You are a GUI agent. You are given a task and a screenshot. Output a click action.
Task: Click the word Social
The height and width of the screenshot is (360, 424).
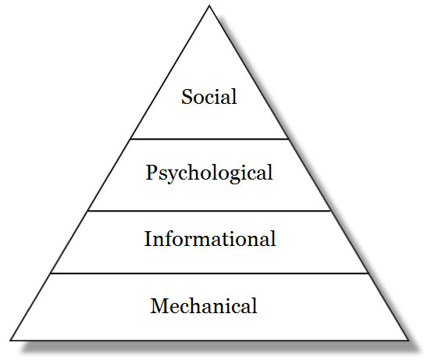pos(209,97)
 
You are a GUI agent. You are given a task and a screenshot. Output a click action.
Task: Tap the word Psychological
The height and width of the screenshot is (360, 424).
pos(209,173)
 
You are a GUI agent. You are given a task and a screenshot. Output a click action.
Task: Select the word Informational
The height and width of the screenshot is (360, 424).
pos(210,238)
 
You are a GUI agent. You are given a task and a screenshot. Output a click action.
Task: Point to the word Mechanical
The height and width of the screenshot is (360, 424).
pos(204,305)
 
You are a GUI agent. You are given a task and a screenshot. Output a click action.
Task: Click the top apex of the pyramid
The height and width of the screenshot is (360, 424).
pos(209,6)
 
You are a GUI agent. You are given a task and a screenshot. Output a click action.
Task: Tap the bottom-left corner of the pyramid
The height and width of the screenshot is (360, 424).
pos(11,340)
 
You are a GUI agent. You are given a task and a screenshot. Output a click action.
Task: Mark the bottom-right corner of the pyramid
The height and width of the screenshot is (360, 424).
pos(408,340)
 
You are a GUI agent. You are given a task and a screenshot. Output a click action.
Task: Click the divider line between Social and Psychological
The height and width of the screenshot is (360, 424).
pos(209,139)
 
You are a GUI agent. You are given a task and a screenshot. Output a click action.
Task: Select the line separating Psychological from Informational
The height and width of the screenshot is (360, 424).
pos(209,210)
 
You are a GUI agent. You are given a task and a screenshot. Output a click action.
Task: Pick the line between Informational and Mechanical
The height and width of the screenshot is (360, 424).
pos(209,273)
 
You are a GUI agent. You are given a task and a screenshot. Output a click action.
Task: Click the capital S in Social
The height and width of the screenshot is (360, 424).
pos(187,97)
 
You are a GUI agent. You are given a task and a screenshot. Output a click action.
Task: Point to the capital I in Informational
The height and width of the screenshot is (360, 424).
pos(148,238)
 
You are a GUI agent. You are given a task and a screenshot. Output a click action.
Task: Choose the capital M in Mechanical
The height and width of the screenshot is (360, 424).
pos(159,305)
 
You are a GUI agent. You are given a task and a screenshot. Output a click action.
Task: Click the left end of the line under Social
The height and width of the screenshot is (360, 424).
pos(131,139)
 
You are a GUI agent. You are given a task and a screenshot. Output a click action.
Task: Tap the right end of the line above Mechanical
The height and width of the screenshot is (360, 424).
pos(369,273)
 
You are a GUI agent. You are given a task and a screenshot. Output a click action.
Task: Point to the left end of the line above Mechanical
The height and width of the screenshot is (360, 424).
pos(51,273)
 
